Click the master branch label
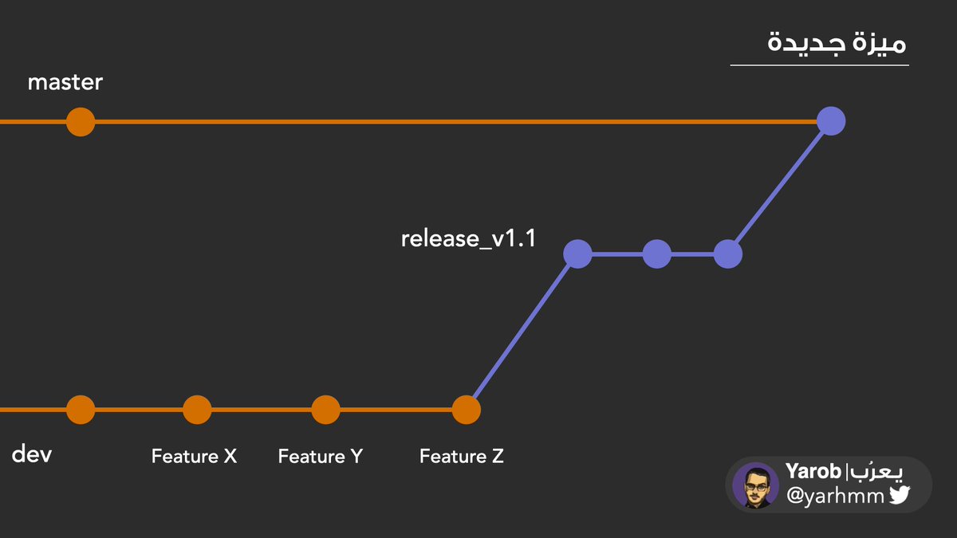tap(65, 82)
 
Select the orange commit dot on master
tap(81, 122)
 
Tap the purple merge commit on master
tap(831, 121)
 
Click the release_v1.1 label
tap(467, 238)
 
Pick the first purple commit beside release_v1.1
tap(577, 254)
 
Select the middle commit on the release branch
tap(656, 254)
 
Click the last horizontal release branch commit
tap(727, 254)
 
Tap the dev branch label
tap(32, 455)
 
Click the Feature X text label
tap(194, 457)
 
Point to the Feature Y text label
tap(320, 457)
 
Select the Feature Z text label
tap(462, 457)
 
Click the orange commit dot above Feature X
tap(197, 410)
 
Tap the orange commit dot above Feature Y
tap(325, 410)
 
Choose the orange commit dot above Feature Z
tap(466, 410)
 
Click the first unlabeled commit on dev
tap(81, 410)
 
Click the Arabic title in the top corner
tap(837, 41)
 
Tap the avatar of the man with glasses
tap(755, 485)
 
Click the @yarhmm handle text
tap(835, 497)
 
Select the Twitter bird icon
tap(900, 496)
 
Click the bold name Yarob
tap(813, 472)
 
